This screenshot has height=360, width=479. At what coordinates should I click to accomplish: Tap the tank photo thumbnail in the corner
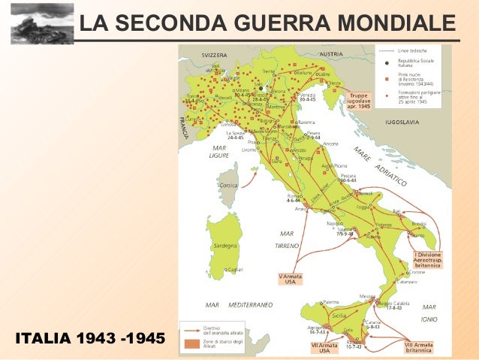click(32, 23)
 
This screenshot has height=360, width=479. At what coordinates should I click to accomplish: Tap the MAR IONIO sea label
click(429, 312)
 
